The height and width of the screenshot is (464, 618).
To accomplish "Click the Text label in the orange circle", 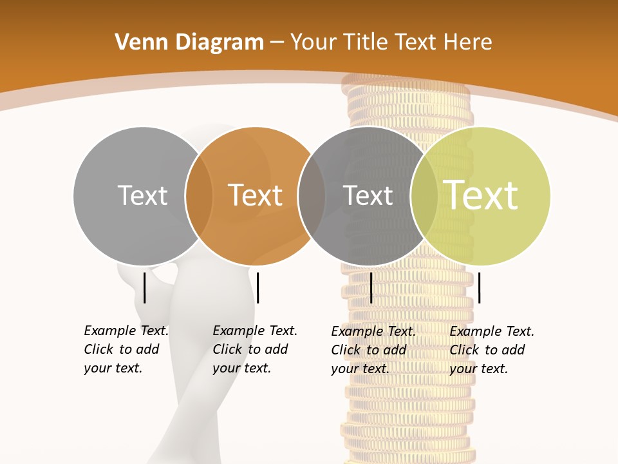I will pos(255,195).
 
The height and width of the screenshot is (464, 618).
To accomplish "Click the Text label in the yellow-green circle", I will pos(480,195).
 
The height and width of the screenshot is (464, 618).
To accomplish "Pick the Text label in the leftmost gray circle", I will pos(142,195).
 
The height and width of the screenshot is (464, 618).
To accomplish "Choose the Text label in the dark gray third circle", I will pos(368,195).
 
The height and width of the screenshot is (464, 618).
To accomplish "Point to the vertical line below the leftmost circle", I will pos(144,287).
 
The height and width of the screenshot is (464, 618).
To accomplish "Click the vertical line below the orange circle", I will pos(257,287).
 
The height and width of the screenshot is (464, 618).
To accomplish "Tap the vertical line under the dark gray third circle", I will pos(371,287).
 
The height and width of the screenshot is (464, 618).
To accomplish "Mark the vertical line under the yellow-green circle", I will pos(479,287).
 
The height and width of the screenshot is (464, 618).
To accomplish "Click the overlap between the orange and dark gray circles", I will pos(312,195).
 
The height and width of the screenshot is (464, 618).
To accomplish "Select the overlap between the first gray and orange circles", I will pos(199,195).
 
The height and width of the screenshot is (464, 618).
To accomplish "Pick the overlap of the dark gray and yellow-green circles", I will pos(424,195).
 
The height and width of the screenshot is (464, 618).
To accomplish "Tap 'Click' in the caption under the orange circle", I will pos(227,349).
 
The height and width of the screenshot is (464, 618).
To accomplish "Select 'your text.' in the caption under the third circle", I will pos(360,369).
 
